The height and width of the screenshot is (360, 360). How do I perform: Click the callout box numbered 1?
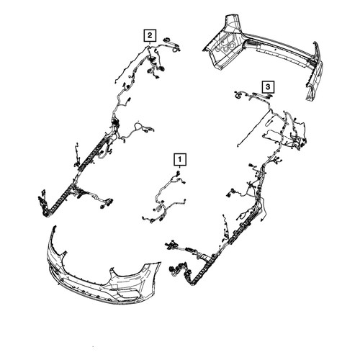tap(180, 159)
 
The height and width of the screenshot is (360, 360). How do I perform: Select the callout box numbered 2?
tap(150, 35)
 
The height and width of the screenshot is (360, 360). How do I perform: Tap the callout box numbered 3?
tap(268, 86)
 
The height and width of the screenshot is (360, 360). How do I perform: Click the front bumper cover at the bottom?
tap(103, 271)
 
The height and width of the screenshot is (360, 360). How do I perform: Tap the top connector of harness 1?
tap(178, 173)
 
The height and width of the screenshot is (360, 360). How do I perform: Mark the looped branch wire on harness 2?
tap(138, 127)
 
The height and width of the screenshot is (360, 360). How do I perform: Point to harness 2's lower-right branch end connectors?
tap(106, 203)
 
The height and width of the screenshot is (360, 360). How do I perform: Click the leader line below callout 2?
tap(150, 42)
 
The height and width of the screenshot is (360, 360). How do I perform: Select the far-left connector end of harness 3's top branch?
tap(238, 95)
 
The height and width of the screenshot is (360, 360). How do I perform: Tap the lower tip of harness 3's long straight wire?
tap(238, 145)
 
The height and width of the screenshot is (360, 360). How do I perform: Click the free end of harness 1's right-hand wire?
tap(185, 199)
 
